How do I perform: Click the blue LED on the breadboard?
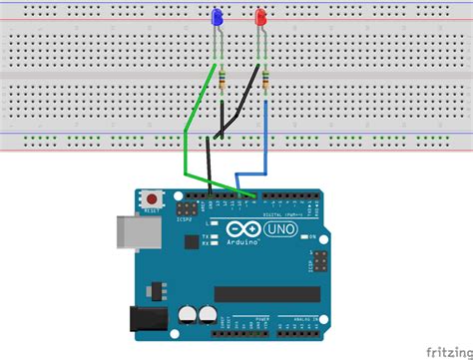point(218,17)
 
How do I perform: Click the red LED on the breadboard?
point(261,17)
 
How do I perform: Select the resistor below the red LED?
point(266,79)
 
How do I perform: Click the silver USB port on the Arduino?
point(127,230)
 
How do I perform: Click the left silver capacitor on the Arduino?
point(188,315)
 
